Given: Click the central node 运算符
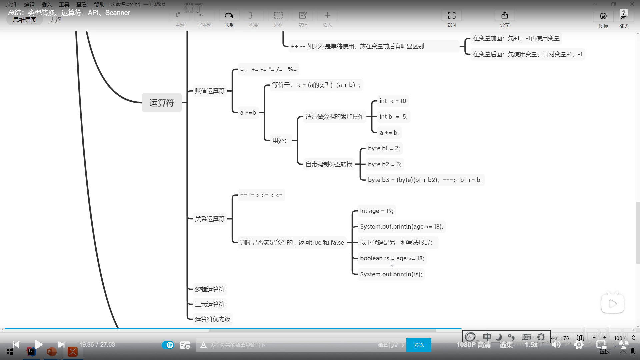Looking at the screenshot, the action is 162,103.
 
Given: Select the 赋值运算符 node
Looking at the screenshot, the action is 210,91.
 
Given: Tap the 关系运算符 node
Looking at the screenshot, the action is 210,219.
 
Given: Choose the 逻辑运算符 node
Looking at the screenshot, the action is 210,289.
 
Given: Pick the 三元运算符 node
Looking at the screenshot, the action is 210,304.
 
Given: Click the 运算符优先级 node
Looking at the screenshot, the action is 212,319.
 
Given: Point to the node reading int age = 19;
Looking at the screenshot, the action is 376,211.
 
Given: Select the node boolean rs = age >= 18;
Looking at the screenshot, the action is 392,258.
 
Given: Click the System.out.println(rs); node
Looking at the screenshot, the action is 391,274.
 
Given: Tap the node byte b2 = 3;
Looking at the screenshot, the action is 384,164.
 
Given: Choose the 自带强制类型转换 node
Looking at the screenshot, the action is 329,164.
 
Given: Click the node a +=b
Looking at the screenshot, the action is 248,113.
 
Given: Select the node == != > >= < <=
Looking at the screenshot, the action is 261,195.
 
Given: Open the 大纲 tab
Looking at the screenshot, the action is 55,20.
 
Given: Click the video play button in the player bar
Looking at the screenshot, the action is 38,344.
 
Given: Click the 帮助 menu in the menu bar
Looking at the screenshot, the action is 99,4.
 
